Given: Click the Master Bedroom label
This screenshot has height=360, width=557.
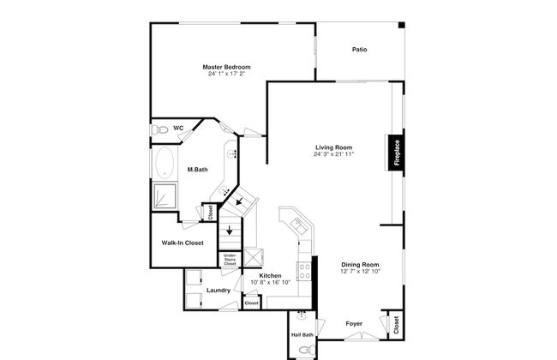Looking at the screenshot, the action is (x=226, y=67).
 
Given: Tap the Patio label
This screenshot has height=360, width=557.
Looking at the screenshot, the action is (x=360, y=50).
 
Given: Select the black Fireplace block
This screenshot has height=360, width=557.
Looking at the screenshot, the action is (x=397, y=153).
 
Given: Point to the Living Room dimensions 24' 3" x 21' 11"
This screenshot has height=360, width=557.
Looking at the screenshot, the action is (x=333, y=154).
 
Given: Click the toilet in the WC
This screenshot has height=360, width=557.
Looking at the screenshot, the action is (x=160, y=129).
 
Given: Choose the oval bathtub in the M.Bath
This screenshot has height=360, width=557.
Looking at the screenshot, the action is (x=165, y=162).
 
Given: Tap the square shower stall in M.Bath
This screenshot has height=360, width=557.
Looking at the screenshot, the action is (x=165, y=195).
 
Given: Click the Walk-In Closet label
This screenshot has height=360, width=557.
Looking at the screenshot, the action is (x=183, y=243).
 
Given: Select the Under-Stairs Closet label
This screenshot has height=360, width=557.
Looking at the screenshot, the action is (x=230, y=260).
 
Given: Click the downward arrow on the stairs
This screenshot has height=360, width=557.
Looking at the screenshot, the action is (x=230, y=230).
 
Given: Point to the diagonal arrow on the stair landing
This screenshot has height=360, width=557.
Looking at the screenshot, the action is (x=239, y=201).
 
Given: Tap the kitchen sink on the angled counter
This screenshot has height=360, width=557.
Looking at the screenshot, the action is (x=298, y=225).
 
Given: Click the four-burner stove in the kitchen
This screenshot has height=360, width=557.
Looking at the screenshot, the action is (x=304, y=271).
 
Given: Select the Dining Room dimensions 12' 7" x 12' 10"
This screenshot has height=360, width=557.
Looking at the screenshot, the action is (x=360, y=272).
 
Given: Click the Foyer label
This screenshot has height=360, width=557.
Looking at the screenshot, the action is (x=354, y=324).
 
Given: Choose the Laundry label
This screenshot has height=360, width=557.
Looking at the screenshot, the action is (x=219, y=291).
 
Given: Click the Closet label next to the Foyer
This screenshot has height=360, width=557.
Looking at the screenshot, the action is (x=397, y=325).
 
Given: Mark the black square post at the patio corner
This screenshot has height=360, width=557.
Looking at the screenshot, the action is (x=401, y=25).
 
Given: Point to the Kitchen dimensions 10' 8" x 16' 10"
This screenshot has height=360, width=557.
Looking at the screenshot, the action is (x=270, y=283).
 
